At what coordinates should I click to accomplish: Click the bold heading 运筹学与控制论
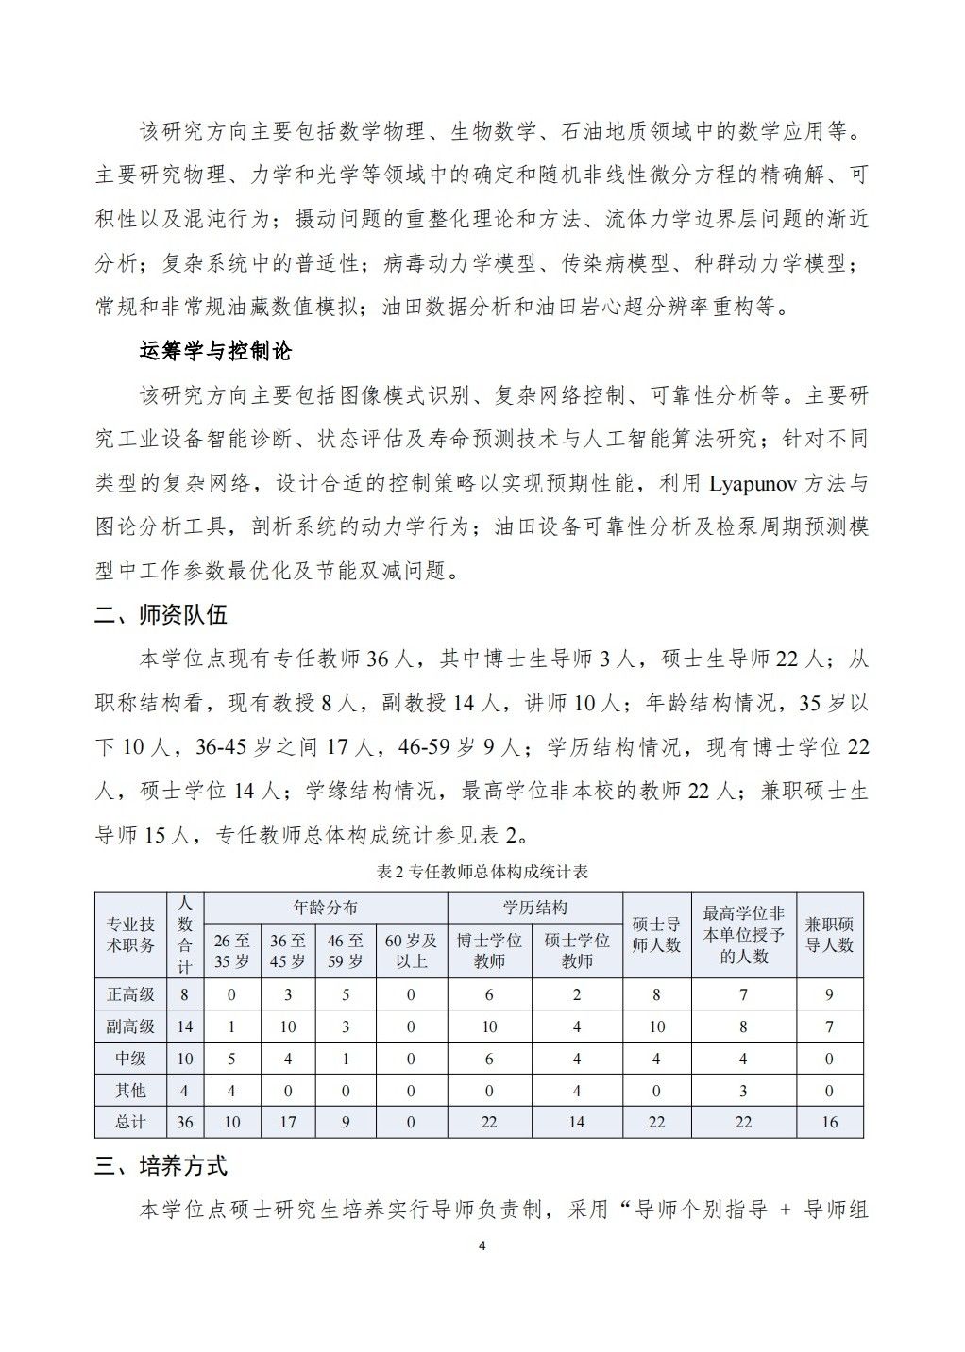pyautogui.click(x=215, y=351)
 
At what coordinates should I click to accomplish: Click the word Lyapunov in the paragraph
pyautogui.click(x=753, y=484)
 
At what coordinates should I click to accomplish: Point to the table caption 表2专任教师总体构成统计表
pyautogui.click(x=482, y=872)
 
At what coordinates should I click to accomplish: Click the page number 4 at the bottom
pyautogui.click(x=482, y=1246)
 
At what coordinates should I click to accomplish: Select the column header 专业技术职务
pyautogui.click(x=130, y=934)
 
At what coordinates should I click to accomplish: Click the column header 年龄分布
pyautogui.click(x=326, y=908)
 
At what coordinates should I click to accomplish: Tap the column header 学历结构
pyautogui.click(x=534, y=908)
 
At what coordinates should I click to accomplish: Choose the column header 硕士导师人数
pyautogui.click(x=656, y=934)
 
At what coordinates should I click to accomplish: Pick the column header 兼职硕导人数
pyautogui.click(x=829, y=934)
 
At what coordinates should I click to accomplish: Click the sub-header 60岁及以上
pyautogui.click(x=411, y=950)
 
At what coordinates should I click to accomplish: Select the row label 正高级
pyautogui.click(x=130, y=994)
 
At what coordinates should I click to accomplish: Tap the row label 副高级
pyautogui.click(x=130, y=1027)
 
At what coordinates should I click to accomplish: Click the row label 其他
pyautogui.click(x=130, y=1091)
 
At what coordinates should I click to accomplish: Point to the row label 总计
pyautogui.click(x=130, y=1122)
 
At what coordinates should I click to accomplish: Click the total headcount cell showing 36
pyautogui.click(x=185, y=1122)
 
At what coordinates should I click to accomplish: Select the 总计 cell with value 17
pyautogui.click(x=288, y=1122)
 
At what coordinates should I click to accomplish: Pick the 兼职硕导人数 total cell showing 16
pyautogui.click(x=829, y=1122)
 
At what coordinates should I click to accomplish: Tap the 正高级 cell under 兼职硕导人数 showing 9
pyautogui.click(x=829, y=994)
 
